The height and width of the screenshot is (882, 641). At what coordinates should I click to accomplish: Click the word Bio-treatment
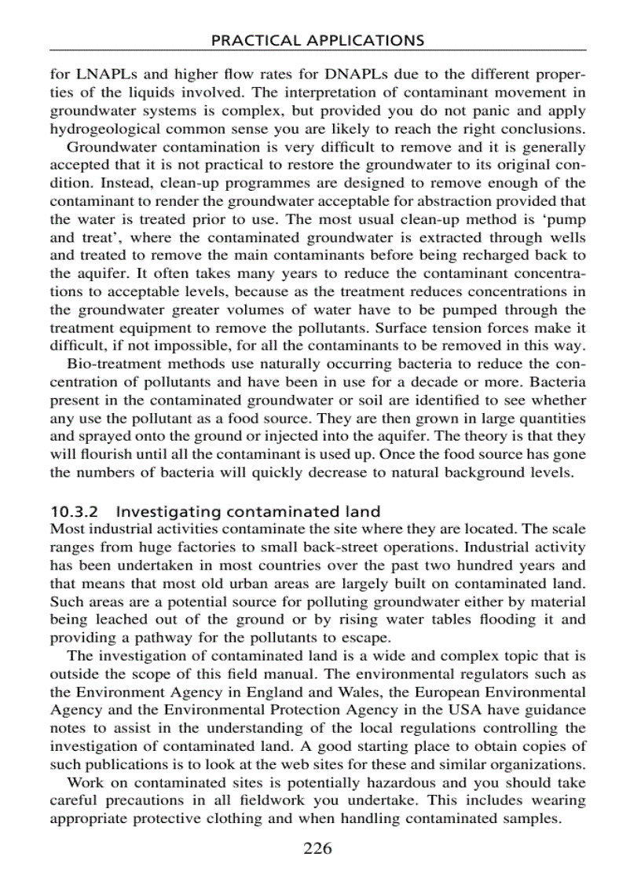pyautogui.click(x=112, y=364)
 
